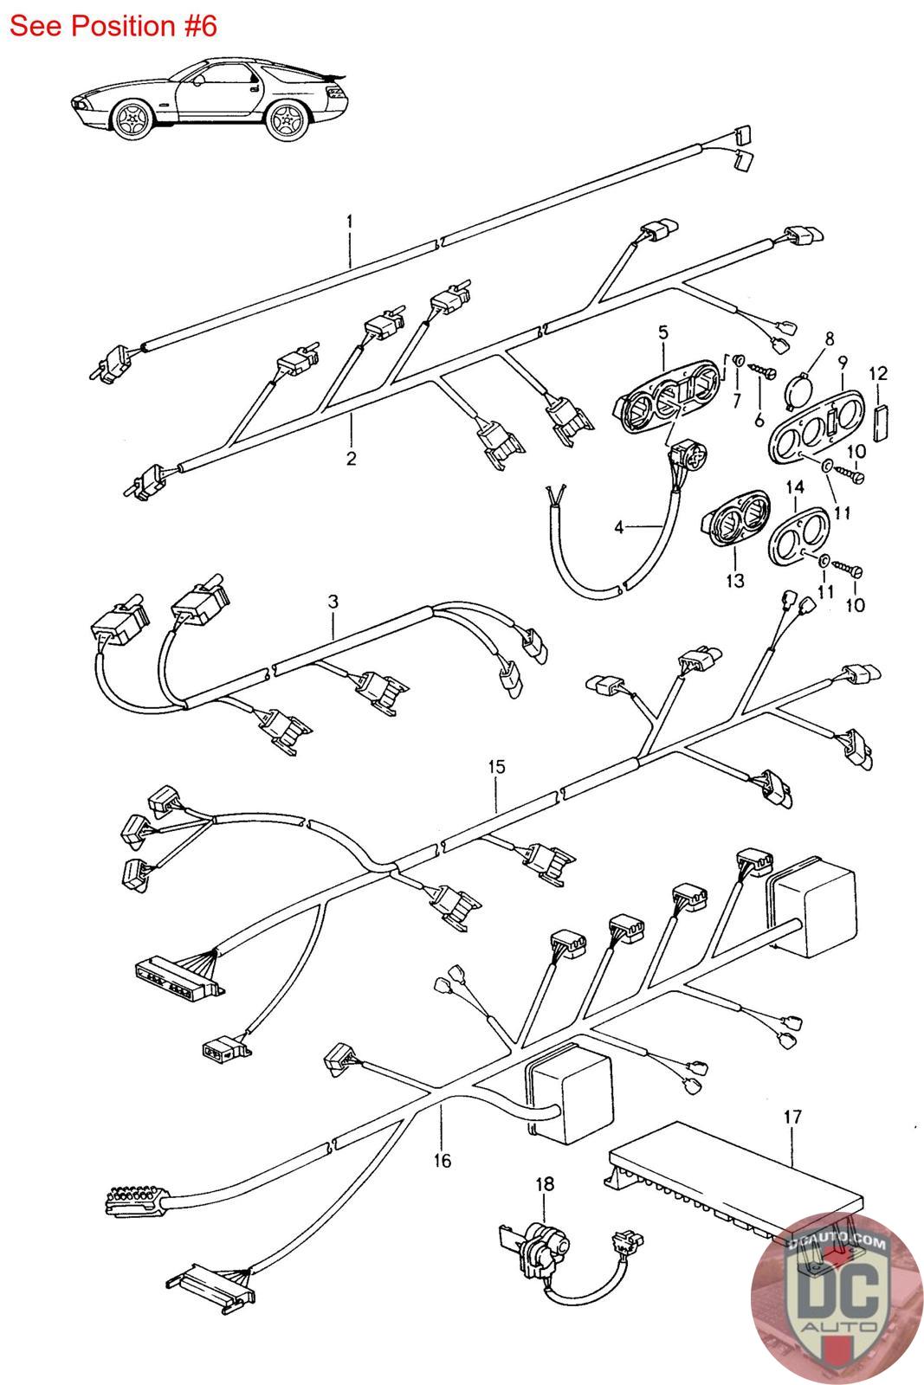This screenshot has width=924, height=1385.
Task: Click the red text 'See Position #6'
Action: (113, 27)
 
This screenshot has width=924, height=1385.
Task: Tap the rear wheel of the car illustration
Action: (287, 118)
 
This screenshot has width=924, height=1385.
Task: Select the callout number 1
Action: (350, 222)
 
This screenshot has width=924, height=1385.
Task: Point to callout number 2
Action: (352, 459)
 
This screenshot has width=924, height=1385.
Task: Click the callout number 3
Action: (333, 602)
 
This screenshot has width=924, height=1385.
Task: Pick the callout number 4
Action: (618, 527)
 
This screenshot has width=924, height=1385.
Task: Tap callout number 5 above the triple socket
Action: (663, 332)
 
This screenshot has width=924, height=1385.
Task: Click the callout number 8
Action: (830, 338)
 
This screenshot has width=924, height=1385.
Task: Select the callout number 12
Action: (878, 373)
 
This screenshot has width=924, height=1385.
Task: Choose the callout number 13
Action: (734, 581)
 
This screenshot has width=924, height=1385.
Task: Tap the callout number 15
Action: (496, 767)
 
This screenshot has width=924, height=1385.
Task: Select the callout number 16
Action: (443, 1161)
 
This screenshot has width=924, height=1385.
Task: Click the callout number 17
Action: (792, 1117)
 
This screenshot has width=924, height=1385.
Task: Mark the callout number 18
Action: (544, 1184)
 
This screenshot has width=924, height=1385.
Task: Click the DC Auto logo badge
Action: (837, 1299)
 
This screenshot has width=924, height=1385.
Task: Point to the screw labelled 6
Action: (763, 371)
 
